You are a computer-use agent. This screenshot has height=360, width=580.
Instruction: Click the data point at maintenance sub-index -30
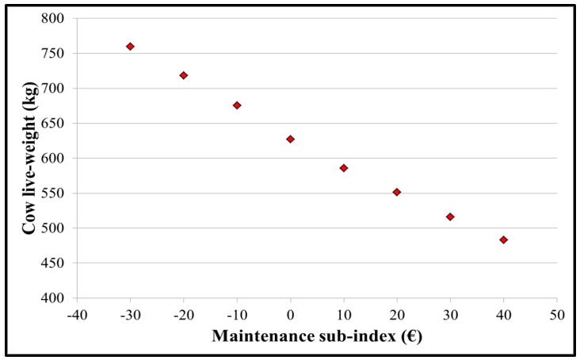(130, 47)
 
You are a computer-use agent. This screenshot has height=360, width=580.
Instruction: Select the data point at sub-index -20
(184, 75)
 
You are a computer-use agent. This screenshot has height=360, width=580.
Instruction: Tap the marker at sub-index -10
(237, 105)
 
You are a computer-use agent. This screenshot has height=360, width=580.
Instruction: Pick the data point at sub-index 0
(290, 139)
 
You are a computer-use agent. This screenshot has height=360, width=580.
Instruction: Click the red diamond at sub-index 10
(344, 168)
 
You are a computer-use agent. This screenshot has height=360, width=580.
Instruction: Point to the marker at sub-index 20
(397, 192)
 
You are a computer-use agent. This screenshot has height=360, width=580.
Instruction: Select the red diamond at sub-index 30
(450, 216)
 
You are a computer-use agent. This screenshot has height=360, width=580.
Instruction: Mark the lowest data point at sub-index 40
(503, 239)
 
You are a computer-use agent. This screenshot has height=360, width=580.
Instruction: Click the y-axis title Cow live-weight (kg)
(29, 158)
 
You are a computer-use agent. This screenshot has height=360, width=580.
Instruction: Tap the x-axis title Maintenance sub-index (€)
(316, 336)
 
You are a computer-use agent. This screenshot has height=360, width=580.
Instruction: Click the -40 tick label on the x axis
(77, 313)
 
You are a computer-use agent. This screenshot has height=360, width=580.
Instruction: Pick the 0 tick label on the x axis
(290, 313)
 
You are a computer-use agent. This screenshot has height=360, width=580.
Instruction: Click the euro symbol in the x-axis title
(411, 336)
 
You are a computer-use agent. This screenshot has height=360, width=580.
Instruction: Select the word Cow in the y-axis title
(29, 220)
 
